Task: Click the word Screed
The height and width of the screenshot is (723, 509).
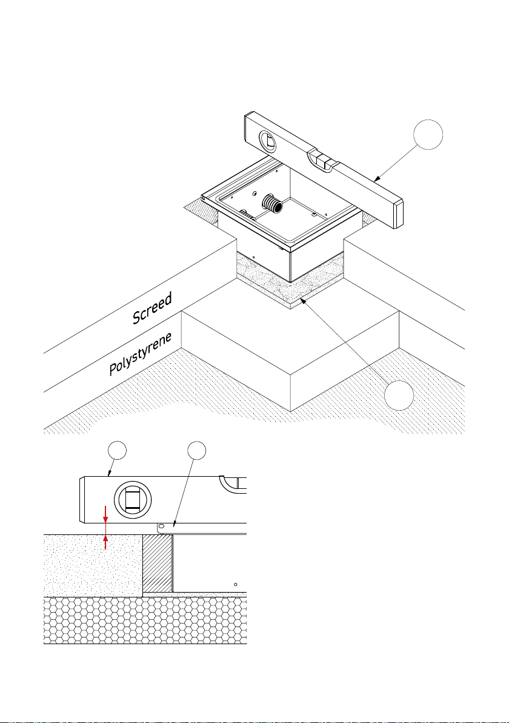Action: [x=152, y=308]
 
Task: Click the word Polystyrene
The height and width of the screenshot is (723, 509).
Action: [x=141, y=354]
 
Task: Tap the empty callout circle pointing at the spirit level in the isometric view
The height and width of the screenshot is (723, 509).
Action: [x=428, y=135]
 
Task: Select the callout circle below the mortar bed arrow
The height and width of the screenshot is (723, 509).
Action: [x=399, y=395]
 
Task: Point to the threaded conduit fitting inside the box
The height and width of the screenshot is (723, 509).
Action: [x=272, y=203]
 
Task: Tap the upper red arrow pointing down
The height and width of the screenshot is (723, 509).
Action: [x=106, y=514]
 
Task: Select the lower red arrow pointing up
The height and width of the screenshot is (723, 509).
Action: [x=106, y=541]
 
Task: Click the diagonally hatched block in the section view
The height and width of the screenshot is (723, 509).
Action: [x=158, y=563]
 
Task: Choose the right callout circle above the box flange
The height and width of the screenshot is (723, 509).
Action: [x=196, y=450]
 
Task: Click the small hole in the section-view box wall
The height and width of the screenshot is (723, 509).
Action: [x=235, y=584]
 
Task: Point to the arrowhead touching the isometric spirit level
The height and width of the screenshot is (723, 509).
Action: [x=376, y=178]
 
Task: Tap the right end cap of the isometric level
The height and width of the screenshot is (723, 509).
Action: [x=398, y=213]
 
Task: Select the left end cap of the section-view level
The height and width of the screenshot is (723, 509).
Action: [x=82, y=500]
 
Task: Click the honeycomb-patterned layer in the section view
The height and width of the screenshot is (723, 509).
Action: [x=145, y=620]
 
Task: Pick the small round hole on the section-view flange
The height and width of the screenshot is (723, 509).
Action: [x=162, y=526]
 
